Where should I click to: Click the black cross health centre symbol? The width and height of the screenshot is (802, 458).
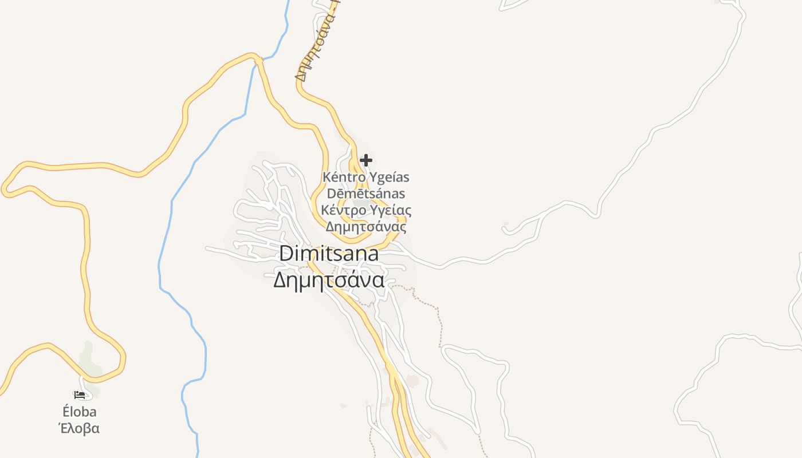coord(366,160)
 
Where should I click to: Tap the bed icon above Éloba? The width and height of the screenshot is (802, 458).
coord(80,395)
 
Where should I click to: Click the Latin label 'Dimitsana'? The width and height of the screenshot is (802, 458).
coord(329,254)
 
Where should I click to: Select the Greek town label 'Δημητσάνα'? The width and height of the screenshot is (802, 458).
coord(328,281)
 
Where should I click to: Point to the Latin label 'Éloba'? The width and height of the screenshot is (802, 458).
coord(80,412)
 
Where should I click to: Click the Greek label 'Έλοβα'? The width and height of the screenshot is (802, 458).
coord(80,428)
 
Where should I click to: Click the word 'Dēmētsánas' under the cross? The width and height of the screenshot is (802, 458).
coord(366,194)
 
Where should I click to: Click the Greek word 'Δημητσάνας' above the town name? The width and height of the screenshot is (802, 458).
coord(366,227)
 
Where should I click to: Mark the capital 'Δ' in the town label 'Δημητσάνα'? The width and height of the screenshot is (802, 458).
coord(280,281)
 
